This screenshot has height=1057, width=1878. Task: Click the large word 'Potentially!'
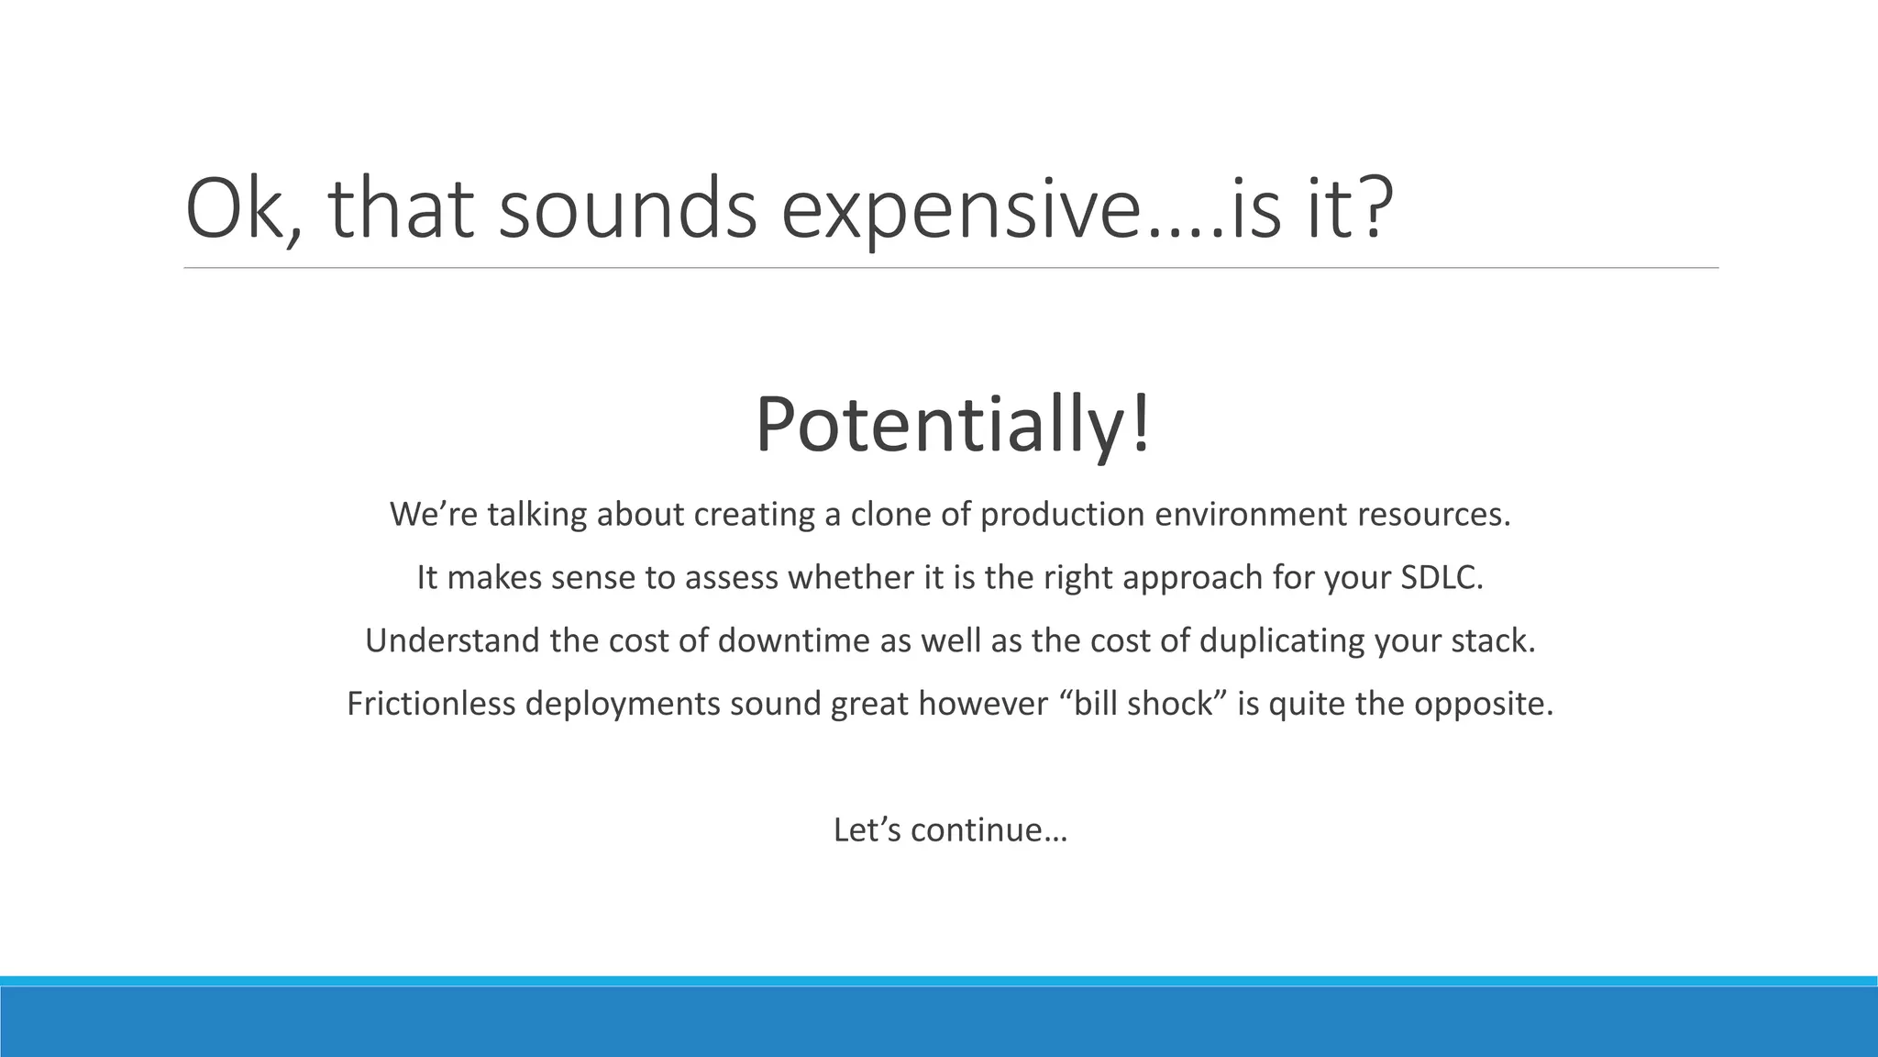tap(952, 425)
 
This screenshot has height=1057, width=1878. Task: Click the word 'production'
tap(1062, 514)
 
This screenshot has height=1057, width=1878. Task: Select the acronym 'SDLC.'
tap(1442, 577)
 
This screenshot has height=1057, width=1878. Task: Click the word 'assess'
tap(733, 577)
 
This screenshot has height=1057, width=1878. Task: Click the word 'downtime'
tap(794, 640)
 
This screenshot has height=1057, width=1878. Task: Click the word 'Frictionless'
tap(430, 704)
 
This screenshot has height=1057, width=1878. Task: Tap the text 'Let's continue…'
tap(951, 830)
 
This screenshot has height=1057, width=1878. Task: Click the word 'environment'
tap(1250, 514)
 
